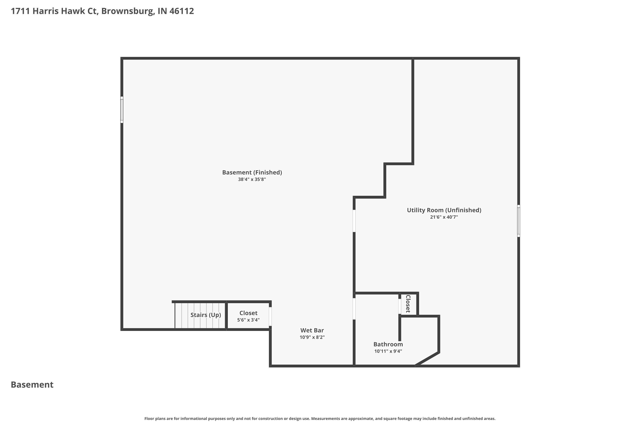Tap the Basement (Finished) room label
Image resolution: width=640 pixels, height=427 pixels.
252,172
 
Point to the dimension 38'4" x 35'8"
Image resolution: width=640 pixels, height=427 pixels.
252,180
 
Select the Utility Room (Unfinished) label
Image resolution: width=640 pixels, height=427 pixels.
444,210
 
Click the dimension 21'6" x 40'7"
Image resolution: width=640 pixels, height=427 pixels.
444,217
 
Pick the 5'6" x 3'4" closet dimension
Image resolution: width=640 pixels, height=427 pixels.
248,320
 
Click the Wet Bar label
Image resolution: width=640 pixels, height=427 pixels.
312,330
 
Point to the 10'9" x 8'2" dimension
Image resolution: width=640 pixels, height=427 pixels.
312,337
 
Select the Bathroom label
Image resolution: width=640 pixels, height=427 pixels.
388,344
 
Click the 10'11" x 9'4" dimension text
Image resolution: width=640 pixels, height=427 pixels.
388,351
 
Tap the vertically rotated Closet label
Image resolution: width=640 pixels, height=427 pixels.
408,304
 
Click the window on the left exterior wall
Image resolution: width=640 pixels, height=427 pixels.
122,110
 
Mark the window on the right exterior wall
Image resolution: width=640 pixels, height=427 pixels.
518,221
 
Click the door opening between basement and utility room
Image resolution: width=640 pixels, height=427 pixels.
354,221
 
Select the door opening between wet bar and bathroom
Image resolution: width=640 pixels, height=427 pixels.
354,309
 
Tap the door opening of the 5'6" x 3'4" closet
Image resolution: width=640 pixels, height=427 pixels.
270,316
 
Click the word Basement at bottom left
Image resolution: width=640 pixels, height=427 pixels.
32,385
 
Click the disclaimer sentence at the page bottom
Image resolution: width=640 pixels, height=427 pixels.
320,418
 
